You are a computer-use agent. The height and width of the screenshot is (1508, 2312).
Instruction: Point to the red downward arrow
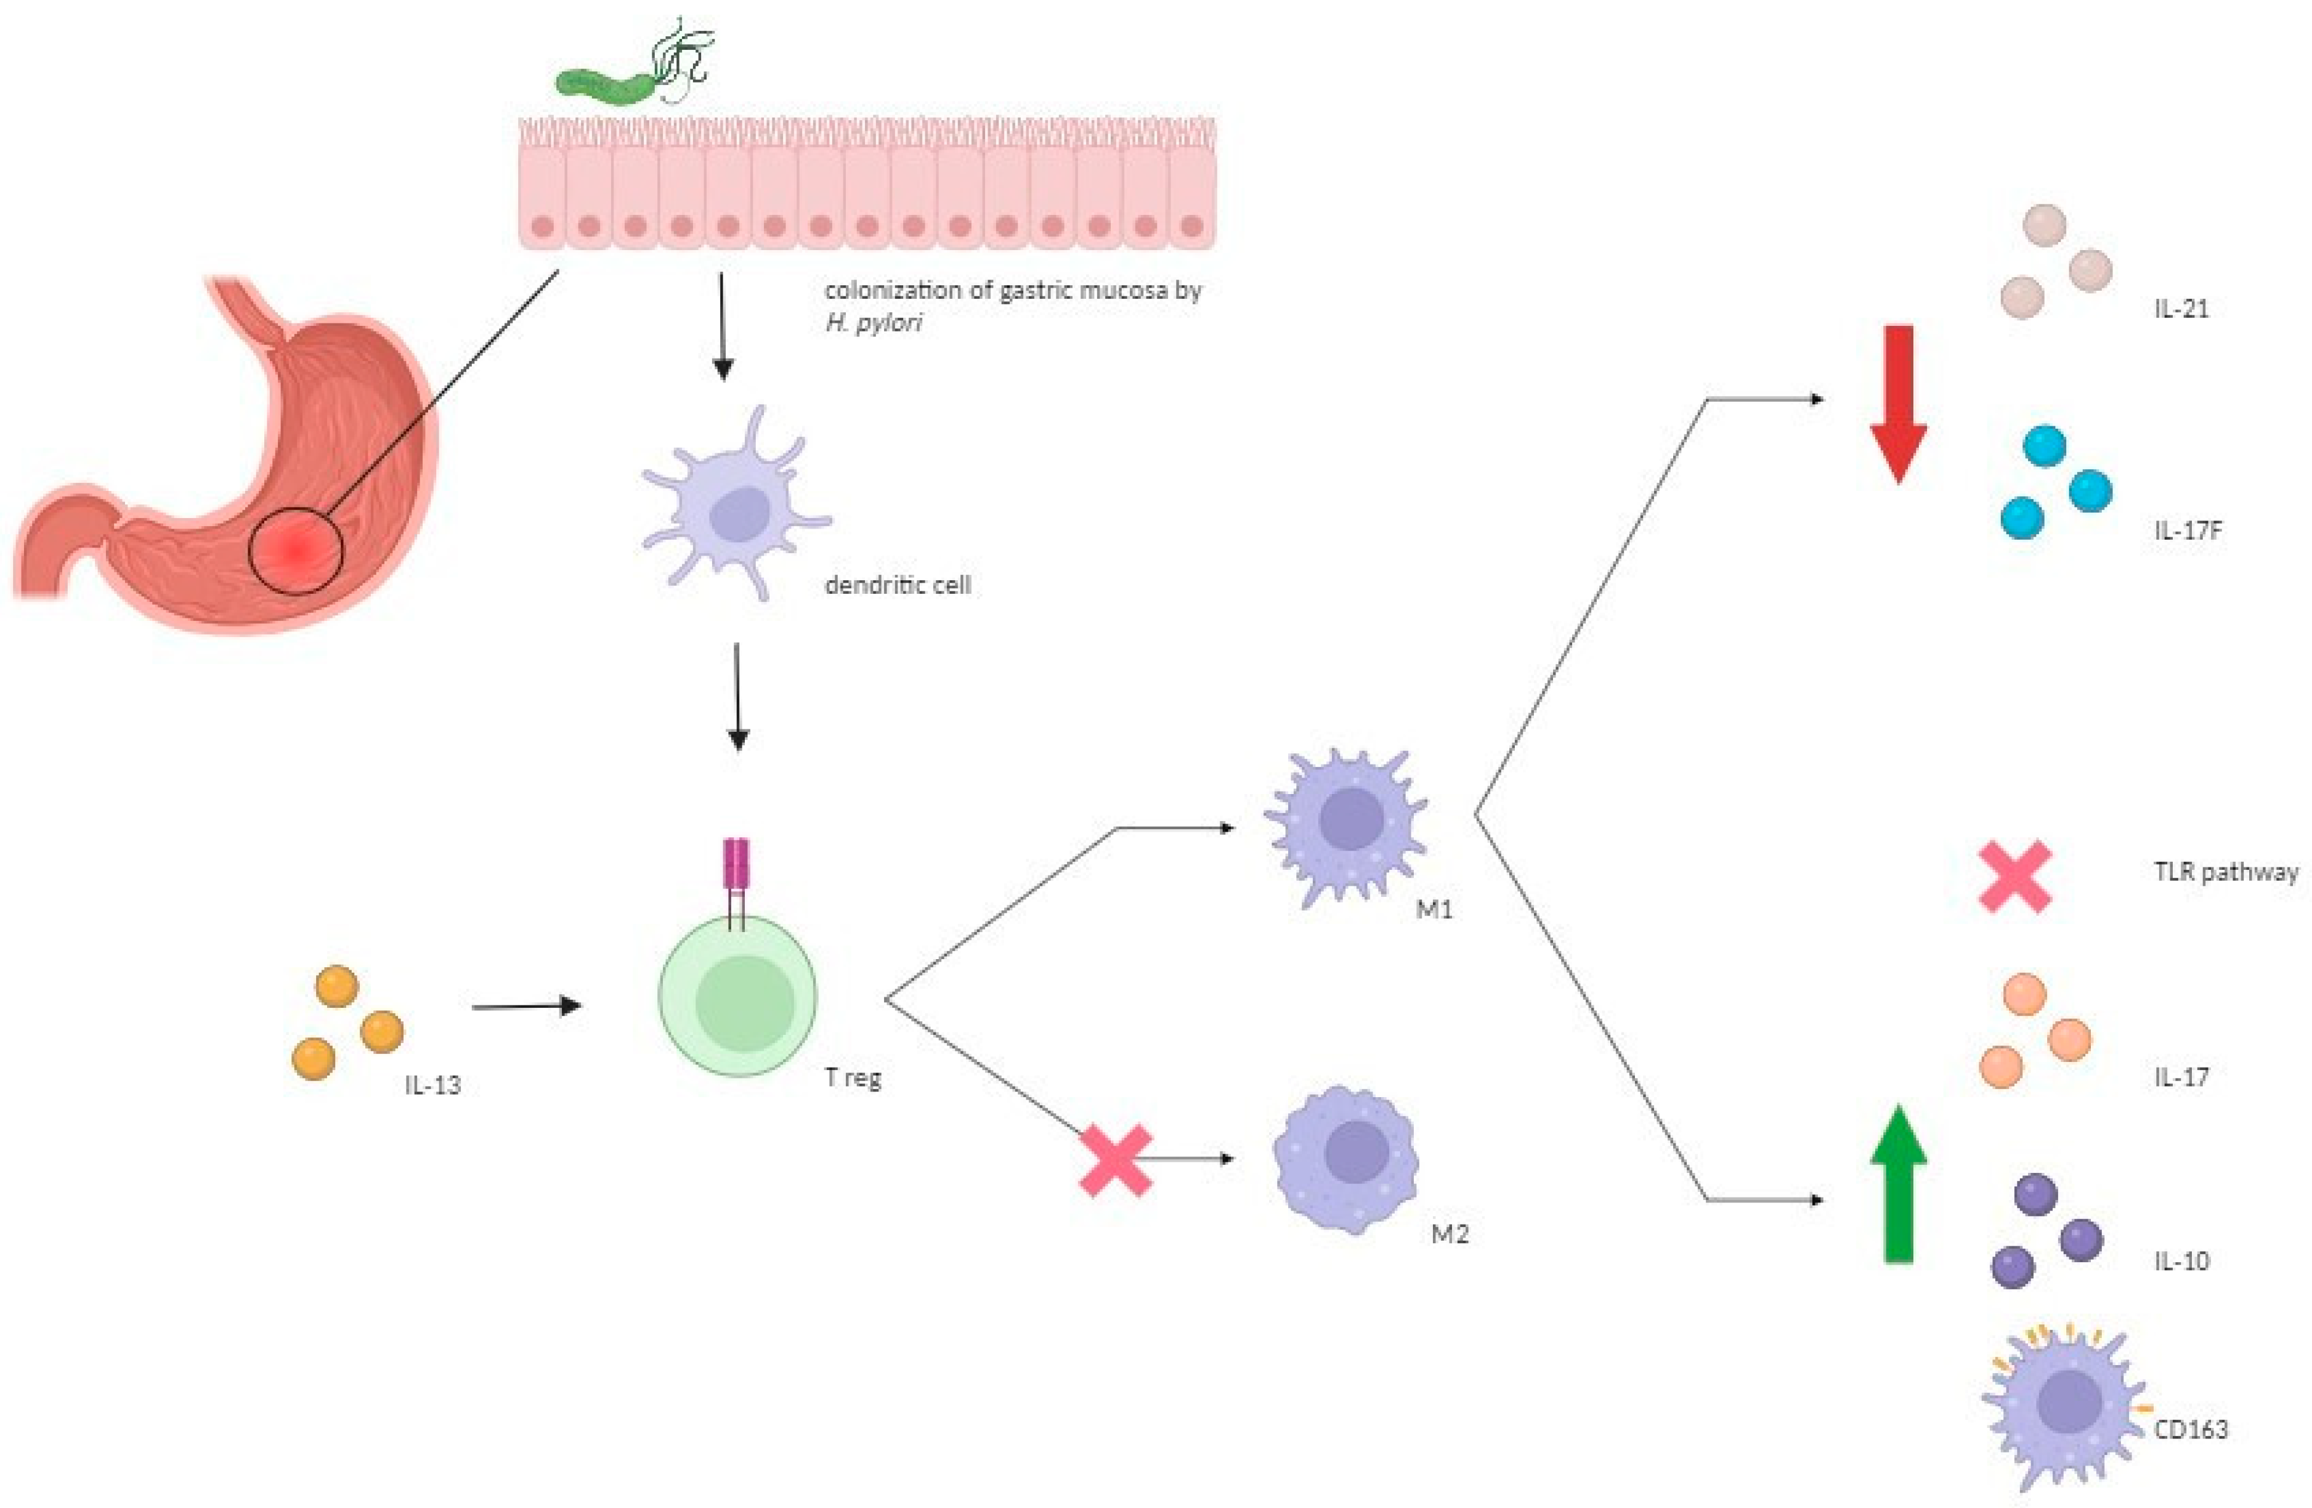(1898, 403)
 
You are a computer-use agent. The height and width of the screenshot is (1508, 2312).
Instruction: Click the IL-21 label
(2181, 309)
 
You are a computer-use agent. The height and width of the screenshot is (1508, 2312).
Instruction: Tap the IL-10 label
(2181, 1261)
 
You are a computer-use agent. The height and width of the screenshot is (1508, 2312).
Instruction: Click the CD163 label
(2191, 1429)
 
